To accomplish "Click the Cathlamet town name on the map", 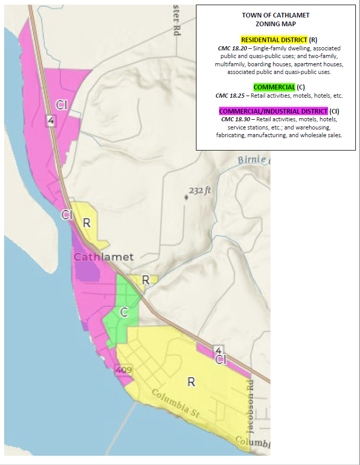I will (x=103, y=257).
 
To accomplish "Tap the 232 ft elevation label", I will (x=200, y=191).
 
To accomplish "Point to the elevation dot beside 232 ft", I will (x=186, y=197).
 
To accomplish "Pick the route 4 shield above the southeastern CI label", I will (x=219, y=350).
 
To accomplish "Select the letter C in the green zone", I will (x=124, y=312).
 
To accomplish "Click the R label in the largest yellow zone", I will (x=191, y=382).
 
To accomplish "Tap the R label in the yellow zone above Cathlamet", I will (x=87, y=223).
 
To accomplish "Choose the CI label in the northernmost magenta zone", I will (x=62, y=105).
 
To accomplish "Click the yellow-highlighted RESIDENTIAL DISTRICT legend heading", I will (x=274, y=40).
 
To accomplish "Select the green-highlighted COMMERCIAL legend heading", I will (x=274, y=87).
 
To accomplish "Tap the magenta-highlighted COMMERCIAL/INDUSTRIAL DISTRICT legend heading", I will (x=273, y=111).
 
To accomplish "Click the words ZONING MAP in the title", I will (x=276, y=24).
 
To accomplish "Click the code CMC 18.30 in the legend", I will (x=235, y=119).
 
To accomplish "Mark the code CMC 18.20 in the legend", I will (x=231, y=48).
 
